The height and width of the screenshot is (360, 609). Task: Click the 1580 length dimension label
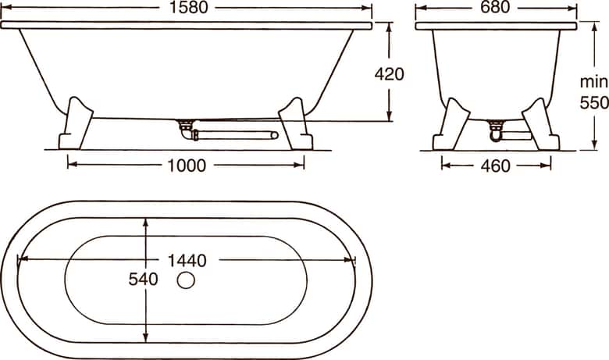coord(189,7)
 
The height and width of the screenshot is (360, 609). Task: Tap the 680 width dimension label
coord(495,7)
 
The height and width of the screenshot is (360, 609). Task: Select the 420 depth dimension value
coord(389,74)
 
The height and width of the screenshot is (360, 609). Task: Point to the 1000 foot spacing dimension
coord(187,166)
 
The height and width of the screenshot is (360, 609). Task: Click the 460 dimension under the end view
coord(495,166)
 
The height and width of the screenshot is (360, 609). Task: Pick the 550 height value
coord(594,103)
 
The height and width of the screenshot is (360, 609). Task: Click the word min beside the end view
coord(594,82)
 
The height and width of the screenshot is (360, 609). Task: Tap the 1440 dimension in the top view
coord(187,260)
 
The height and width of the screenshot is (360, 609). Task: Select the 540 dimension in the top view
coord(144,280)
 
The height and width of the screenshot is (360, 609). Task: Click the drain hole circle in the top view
coord(186,280)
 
